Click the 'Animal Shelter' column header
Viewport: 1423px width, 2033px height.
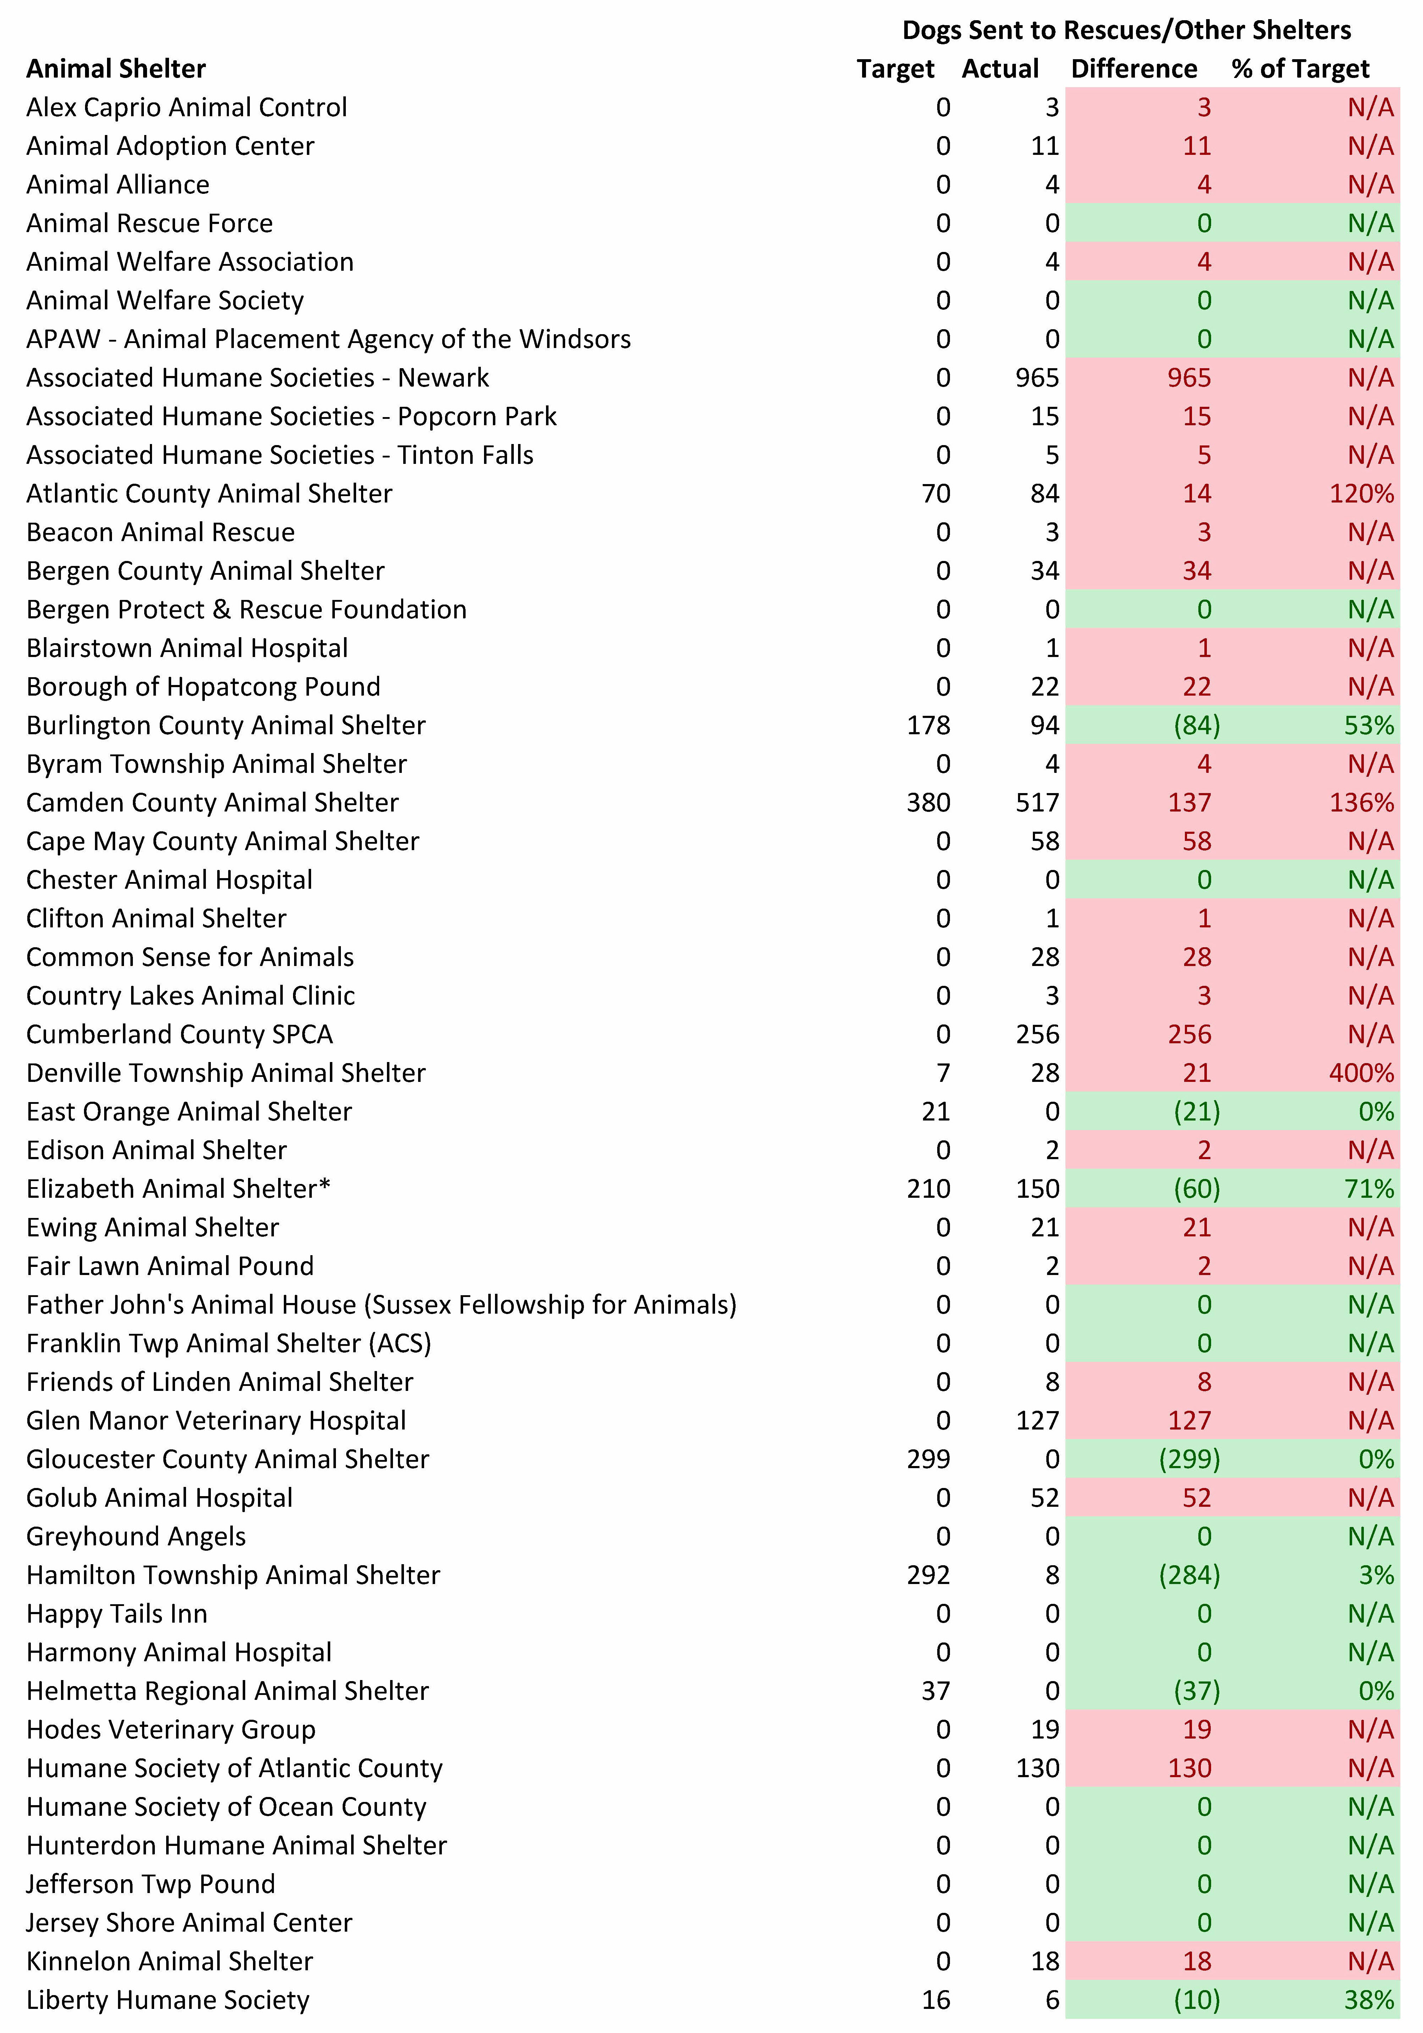116,69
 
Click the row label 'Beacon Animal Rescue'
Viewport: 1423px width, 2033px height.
160,532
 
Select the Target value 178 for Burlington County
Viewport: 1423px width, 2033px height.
928,725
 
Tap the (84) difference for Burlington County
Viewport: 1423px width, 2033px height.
1196,725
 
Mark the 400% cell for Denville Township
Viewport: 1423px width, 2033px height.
1361,1073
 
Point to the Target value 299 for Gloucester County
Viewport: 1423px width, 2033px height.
928,1459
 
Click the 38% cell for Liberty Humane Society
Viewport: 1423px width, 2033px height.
1369,2000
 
